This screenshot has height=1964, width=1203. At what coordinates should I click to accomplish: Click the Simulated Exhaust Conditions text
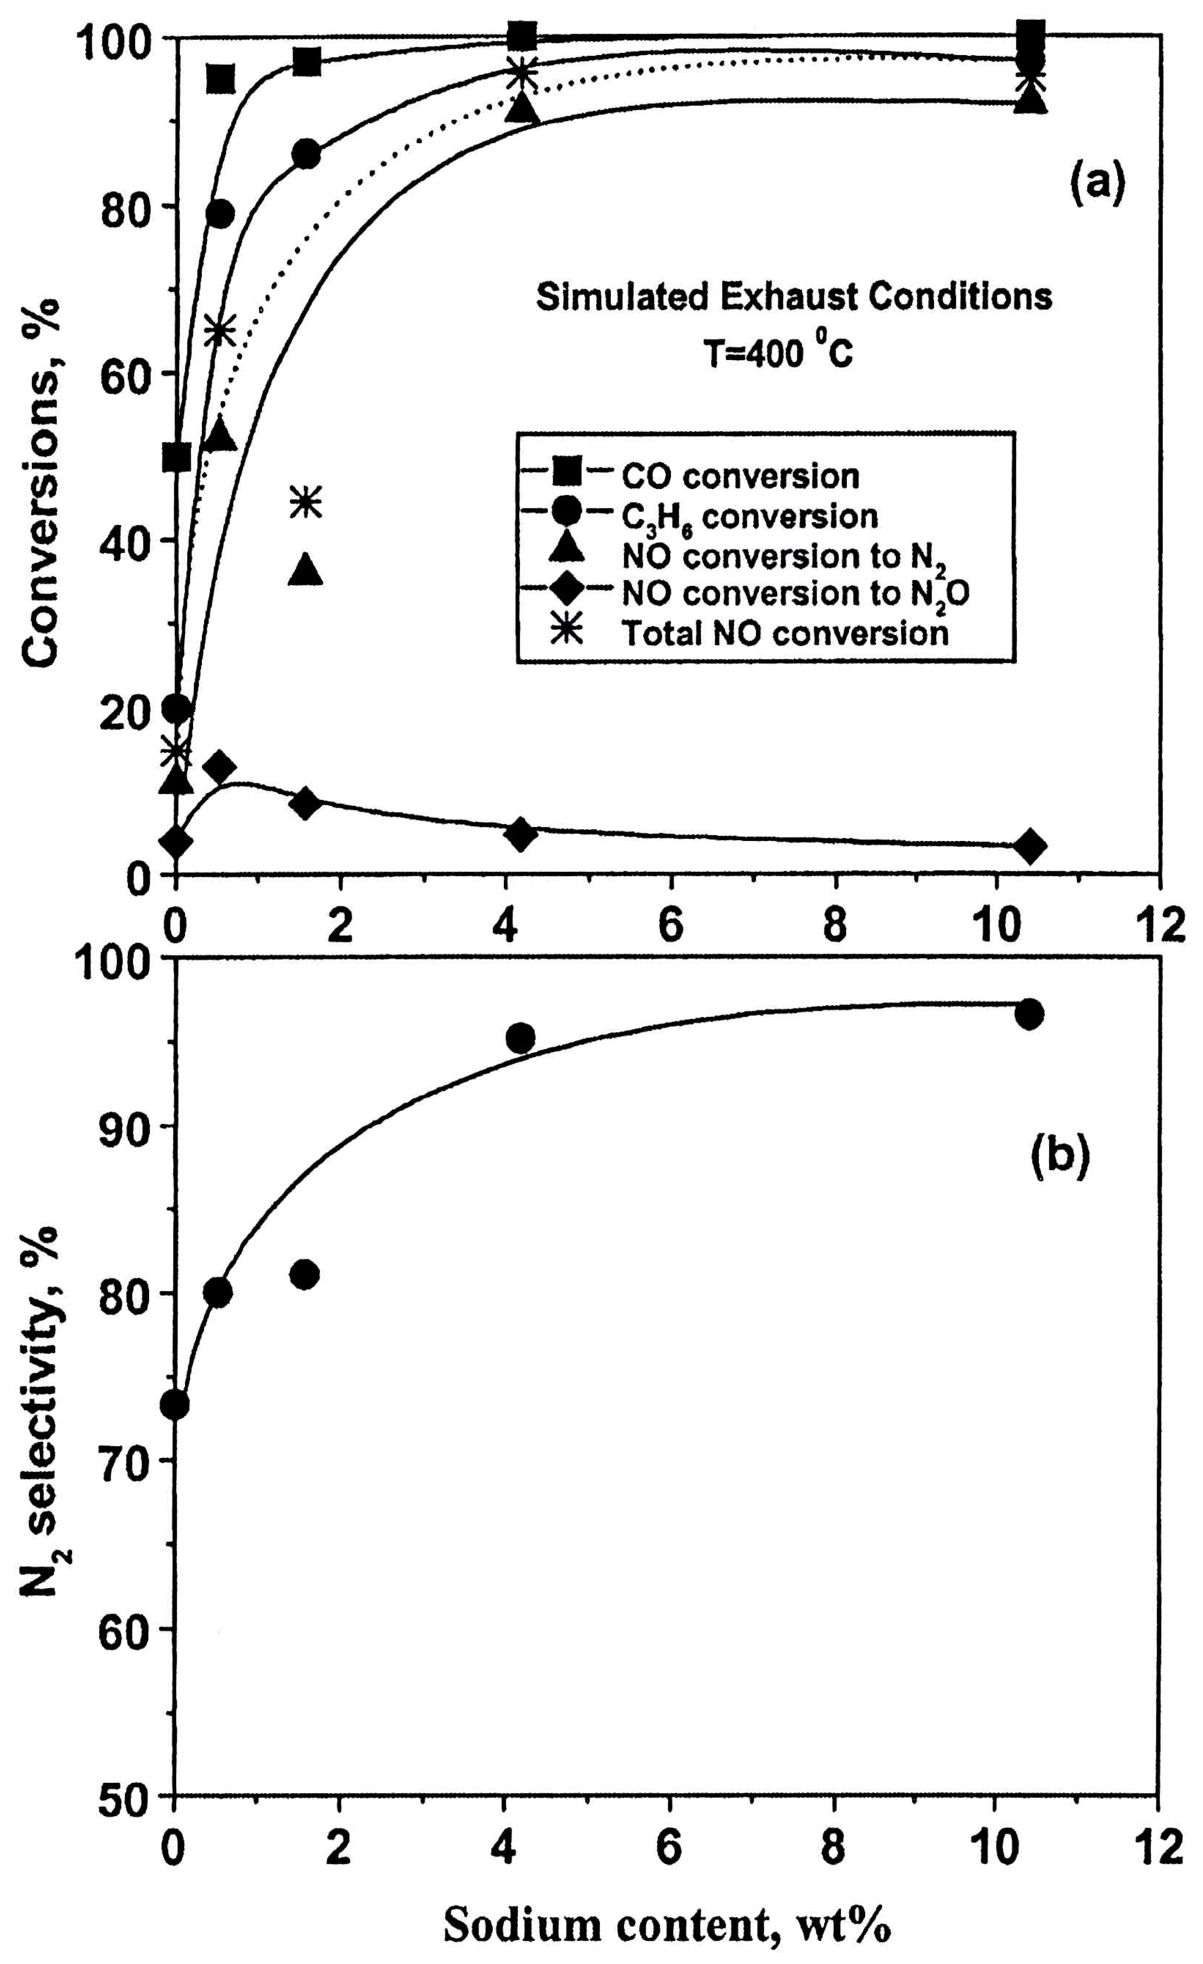[793, 297]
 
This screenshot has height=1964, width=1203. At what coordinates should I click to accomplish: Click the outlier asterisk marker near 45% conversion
[307, 502]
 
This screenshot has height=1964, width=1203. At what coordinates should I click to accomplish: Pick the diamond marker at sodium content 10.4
[1030, 846]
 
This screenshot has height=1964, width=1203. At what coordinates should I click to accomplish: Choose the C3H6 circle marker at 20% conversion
[176, 708]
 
